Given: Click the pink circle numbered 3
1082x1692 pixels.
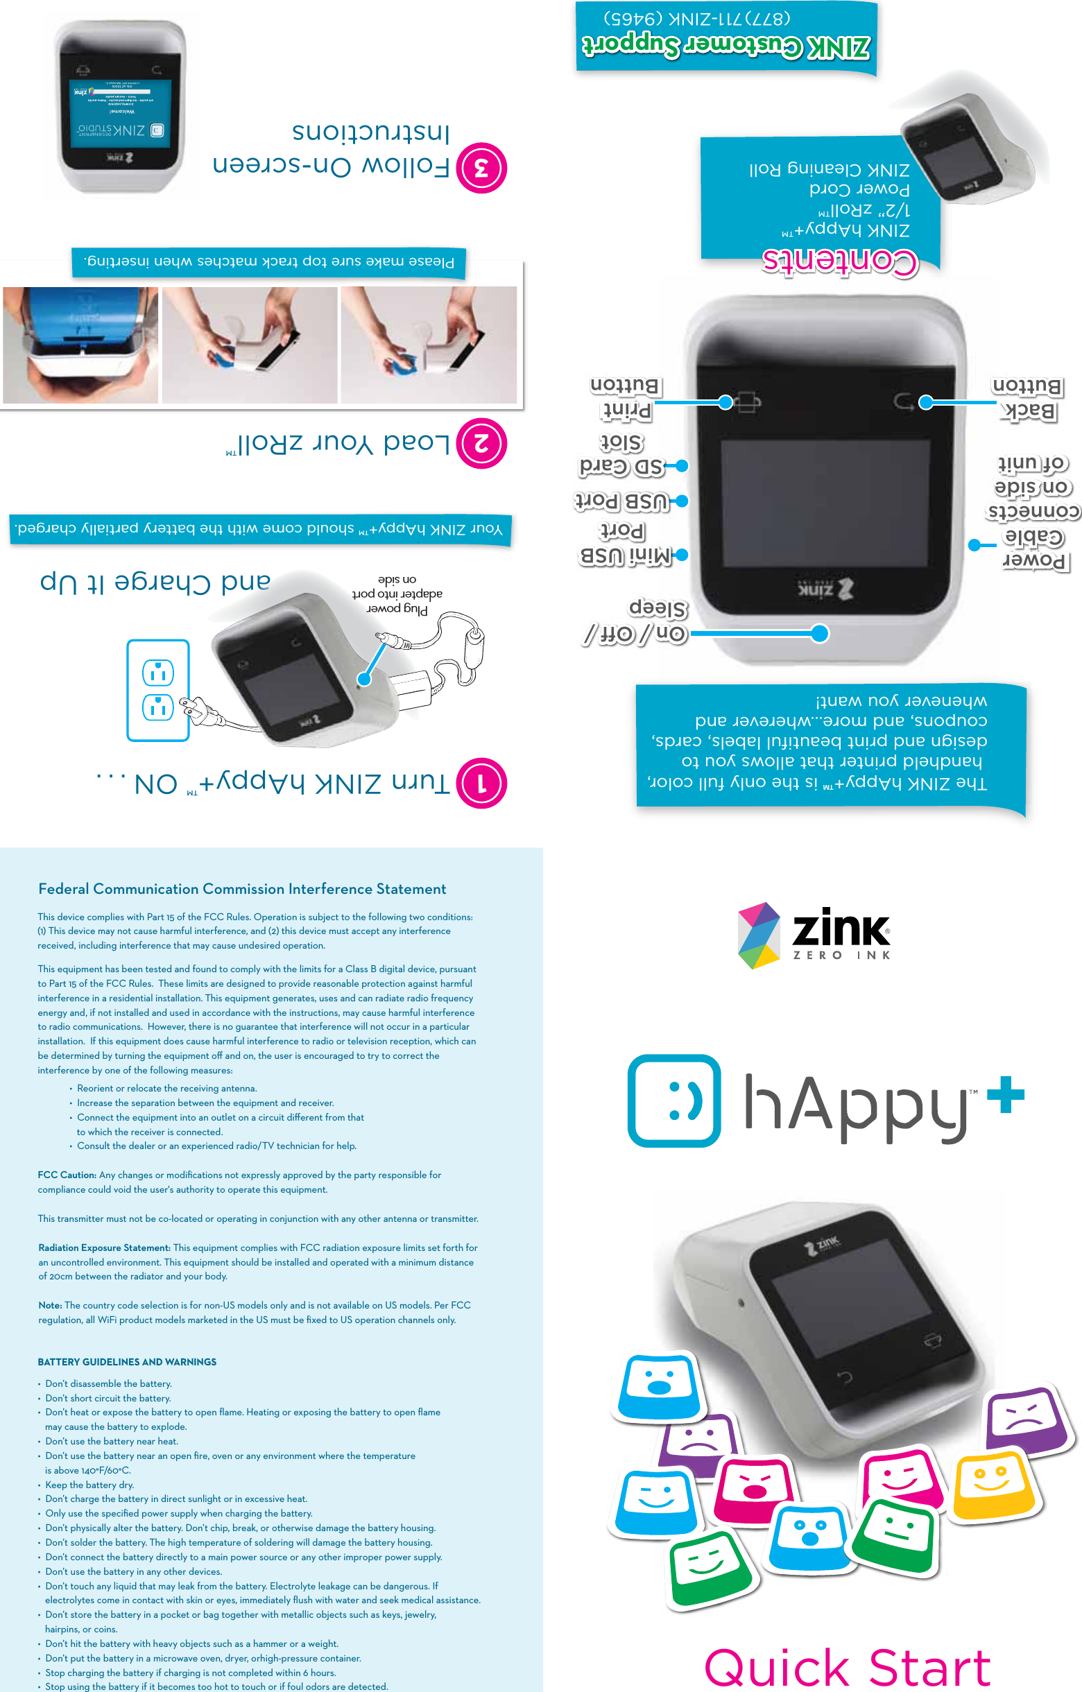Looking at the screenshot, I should pos(481,168).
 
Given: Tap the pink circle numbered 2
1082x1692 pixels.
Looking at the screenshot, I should pos(481,443).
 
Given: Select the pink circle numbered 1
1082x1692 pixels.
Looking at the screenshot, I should pos(481,784).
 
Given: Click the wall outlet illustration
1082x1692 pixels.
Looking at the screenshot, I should pos(158,690).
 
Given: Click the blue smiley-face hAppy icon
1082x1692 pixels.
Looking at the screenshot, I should pos(673,1100).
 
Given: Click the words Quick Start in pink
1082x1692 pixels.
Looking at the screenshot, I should pos(847,1667).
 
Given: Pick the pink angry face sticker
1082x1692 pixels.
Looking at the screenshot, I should pos(757,1485).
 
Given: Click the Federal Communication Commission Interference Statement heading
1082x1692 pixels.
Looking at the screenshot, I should pos(241,889).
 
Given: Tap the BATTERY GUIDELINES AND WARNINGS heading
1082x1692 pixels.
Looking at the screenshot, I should pos(127,1362).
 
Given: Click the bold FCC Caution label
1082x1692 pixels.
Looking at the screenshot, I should pos(67,1175).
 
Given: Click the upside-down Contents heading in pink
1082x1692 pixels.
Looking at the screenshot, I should pos(840,261).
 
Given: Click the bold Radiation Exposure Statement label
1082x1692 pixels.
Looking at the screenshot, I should pos(104,1248).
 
